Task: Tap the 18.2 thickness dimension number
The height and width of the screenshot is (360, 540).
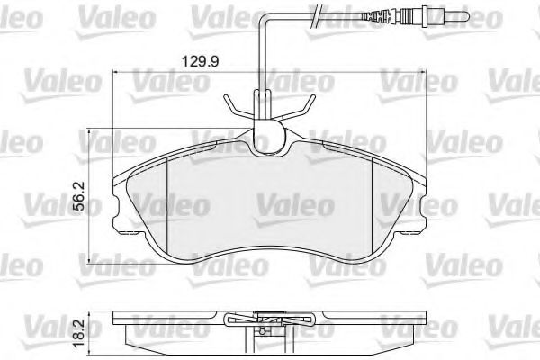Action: tap(80, 331)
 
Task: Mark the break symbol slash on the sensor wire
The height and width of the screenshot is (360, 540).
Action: tap(314, 15)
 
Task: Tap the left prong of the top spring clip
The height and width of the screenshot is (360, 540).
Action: tap(231, 109)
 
